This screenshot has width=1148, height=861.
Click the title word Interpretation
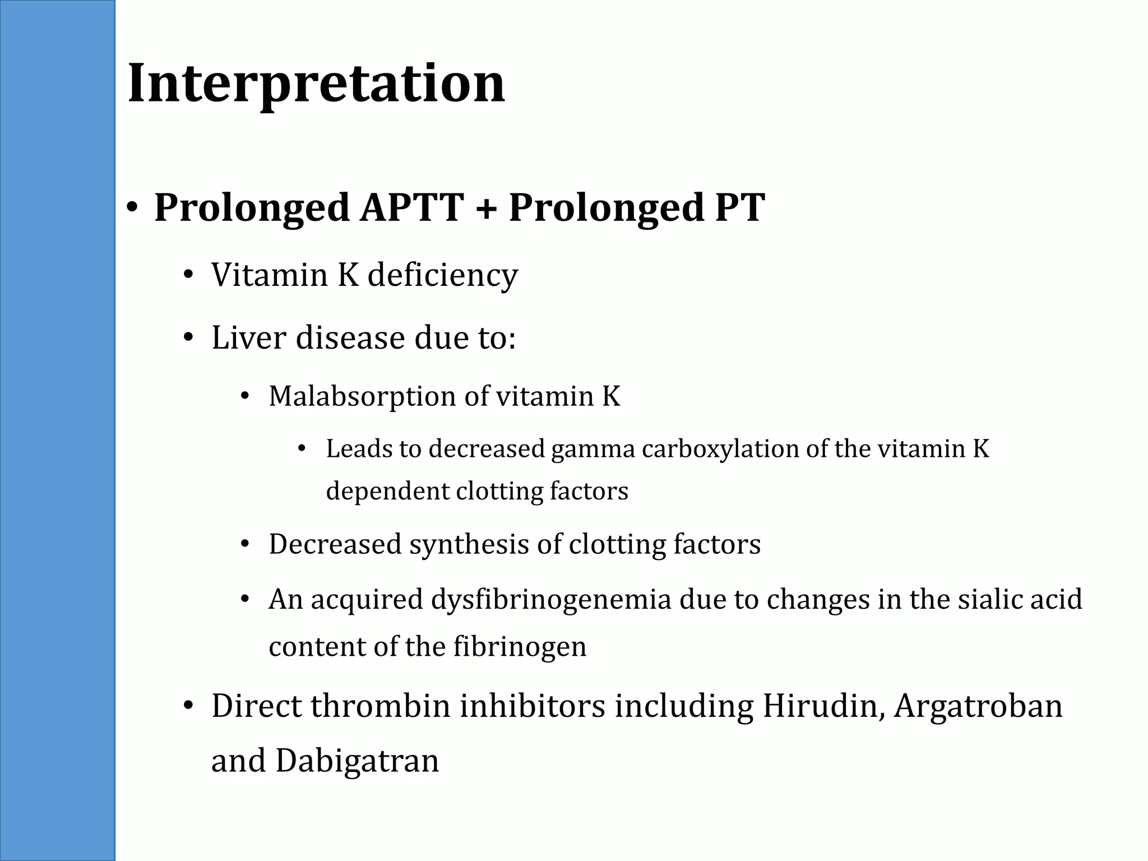click(x=317, y=84)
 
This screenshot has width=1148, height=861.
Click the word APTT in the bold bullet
click(x=412, y=207)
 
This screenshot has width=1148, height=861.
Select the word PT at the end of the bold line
click(x=739, y=207)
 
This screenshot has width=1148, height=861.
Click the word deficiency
click(x=442, y=275)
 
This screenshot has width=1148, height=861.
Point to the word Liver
click(x=248, y=338)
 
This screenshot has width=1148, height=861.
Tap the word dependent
click(x=387, y=492)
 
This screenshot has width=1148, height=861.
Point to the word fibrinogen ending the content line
click(x=520, y=647)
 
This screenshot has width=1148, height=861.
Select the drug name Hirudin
click(x=823, y=706)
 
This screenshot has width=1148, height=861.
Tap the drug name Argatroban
click(x=978, y=707)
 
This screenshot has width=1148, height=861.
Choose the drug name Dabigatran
click(x=357, y=761)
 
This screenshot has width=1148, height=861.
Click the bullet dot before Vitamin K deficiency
click(x=188, y=275)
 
